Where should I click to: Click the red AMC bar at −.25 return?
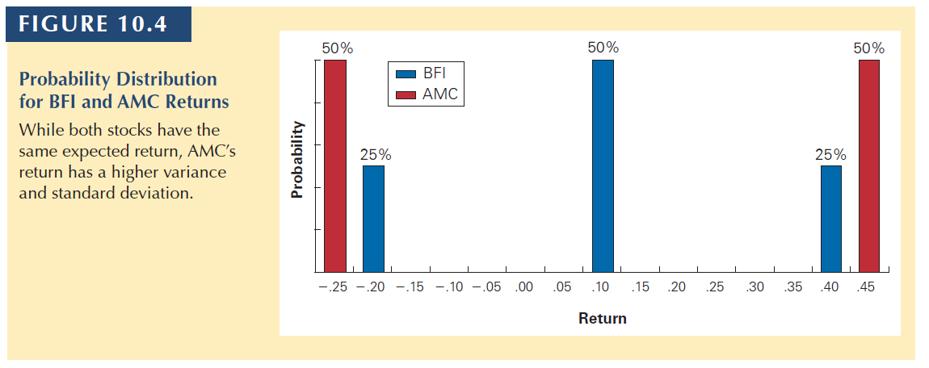coord(335,165)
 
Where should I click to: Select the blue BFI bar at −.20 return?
coord(373,218)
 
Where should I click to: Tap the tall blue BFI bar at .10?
coord(603,165)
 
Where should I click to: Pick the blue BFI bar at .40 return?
coord(831,218)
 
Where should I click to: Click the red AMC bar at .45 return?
coord(869,165)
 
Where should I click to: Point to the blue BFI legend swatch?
coord(406,74)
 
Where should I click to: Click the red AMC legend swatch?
coord(406,95)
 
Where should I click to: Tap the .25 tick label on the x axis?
coord(715,287)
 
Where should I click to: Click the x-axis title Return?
coord(602,318)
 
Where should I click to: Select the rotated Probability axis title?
coord(297,159)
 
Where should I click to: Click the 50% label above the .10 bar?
coord(603,48)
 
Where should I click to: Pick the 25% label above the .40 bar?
coord(830,154)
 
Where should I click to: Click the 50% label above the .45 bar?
coord(868,48)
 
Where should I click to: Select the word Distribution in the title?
coord(170,80)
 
